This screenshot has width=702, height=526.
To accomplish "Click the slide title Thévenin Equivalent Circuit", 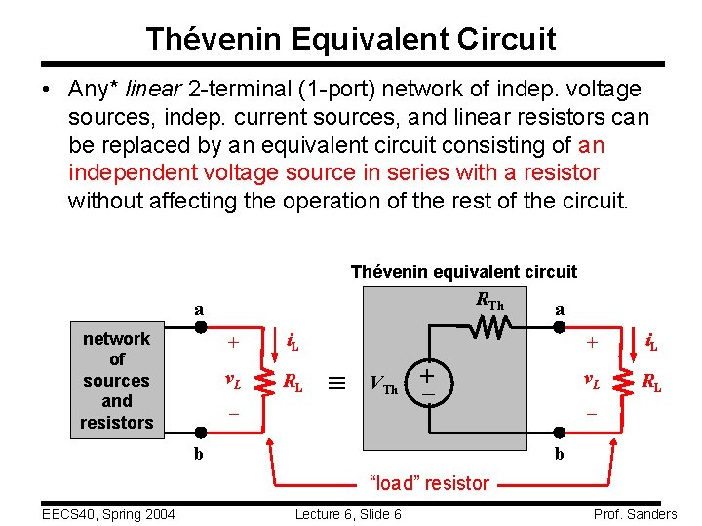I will tap(351, 39).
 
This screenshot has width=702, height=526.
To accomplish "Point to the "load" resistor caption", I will tap(429, 482).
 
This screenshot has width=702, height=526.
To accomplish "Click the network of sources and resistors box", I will tap(117, 380).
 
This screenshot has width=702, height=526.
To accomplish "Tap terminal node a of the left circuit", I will tap(199, 328).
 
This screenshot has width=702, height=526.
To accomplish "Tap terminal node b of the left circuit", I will tap(199, 434).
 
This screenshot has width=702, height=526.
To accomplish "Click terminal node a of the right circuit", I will tap(560, 328).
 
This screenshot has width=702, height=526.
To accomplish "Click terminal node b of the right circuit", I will tap(560, 434).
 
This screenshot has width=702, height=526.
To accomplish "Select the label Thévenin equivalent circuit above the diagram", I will tap(463, 272).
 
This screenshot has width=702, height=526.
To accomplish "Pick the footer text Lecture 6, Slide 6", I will tap(347, 514).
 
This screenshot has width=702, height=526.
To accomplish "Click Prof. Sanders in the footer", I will tap(634, 514).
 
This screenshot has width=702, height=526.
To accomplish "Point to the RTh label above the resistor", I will tap(489, 302).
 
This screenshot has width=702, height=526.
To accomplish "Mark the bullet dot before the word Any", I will tap(46, 90).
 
